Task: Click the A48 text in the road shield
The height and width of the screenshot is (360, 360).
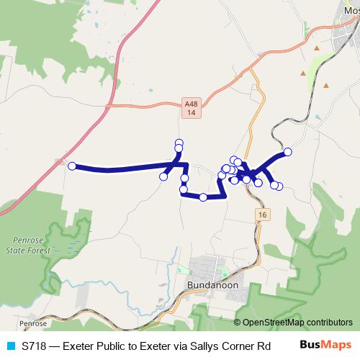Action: coord(189,104)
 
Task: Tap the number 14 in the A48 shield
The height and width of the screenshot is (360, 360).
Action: coord(189,113)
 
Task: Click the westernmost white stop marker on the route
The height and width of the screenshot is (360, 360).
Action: coord(72,166)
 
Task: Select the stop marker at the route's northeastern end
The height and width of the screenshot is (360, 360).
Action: coord(288,151)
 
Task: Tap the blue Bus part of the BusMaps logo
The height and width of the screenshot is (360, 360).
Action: coord(312,346)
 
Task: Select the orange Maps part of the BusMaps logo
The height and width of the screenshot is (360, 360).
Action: coord(337,346)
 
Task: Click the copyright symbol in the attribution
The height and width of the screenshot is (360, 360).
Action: coord(238,323)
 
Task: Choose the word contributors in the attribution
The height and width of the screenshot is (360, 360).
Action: coord(328,323)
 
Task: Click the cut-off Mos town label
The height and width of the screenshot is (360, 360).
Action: coord(351,10)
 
